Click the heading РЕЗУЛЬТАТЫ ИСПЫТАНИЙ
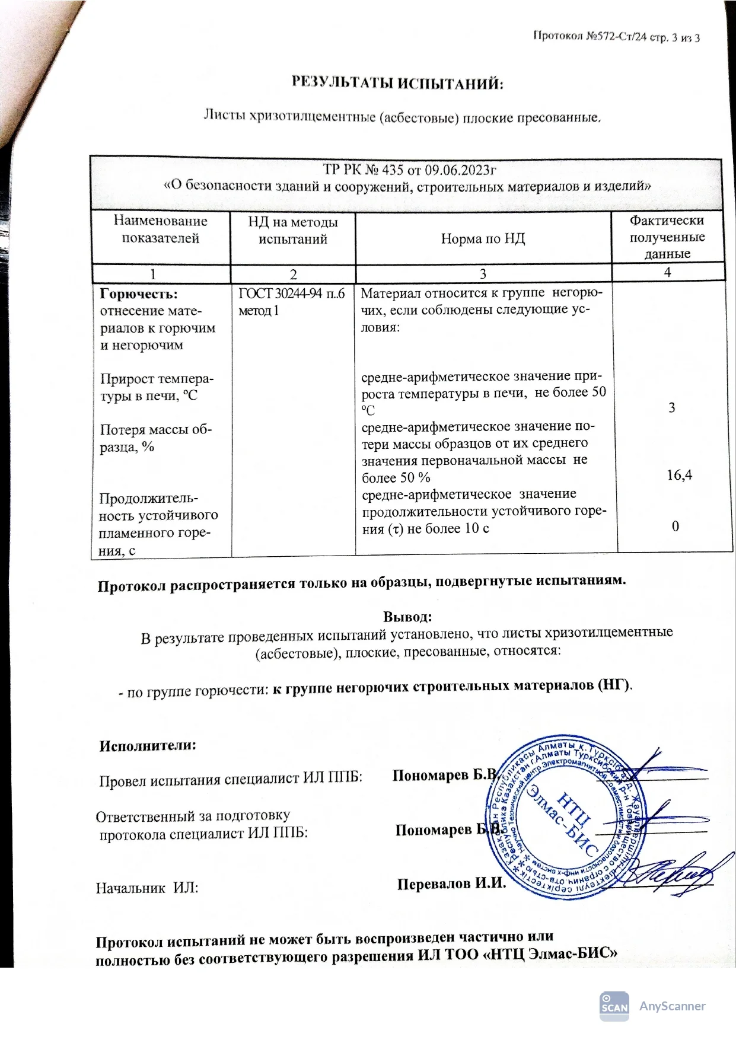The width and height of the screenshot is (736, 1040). point(397,83)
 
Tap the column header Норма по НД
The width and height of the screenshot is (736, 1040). point(483,238)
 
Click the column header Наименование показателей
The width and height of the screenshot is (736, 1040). point(160,229)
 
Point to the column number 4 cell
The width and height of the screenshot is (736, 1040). point(667,272)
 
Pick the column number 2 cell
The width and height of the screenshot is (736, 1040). point(293,274)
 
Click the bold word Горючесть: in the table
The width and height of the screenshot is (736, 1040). point(139,294)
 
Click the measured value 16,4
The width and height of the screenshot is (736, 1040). point(679,475)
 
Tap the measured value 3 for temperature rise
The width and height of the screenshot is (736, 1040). point(671,407)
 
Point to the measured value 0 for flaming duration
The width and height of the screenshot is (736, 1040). point(675,526)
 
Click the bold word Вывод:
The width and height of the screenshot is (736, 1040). point(407,617)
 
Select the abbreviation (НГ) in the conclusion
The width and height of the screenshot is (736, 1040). point(614,685)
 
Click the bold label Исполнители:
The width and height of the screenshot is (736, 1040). point(148,746)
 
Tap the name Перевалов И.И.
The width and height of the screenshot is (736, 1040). point(451,884)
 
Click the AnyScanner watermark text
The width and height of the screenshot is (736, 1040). point(672,1006)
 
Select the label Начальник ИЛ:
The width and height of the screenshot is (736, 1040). point(147,888)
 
